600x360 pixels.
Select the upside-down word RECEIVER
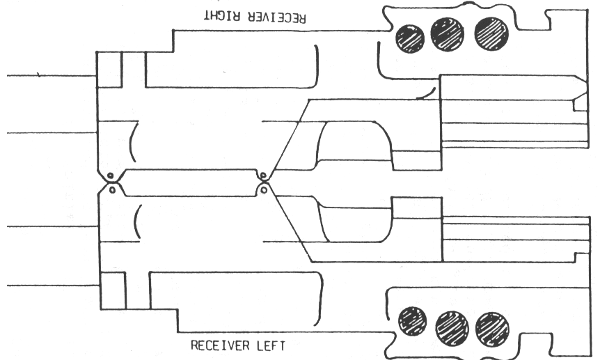point(276,18)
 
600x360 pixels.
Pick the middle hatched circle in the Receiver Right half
point(448,33)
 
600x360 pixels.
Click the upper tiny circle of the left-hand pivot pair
point(110,175)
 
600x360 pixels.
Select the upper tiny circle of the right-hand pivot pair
point(263,175)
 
